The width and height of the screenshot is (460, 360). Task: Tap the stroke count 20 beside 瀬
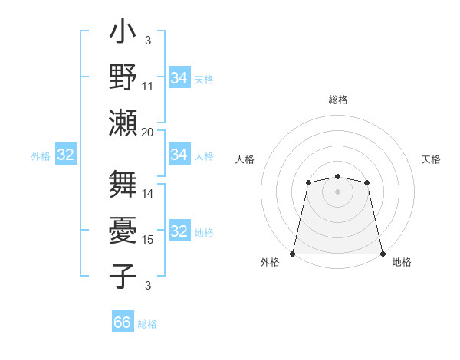pos(148,131)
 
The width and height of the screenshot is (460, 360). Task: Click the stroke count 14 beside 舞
pos(148,194)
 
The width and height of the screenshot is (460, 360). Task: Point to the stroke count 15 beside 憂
pos(148,240)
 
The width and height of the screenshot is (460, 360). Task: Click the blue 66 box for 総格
pos(123,322)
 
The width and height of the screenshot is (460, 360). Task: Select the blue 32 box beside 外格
pos(66,155)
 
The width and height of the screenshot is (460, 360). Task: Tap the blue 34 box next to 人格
pos(179,155)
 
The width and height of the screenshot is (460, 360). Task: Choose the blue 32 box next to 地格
pos(179,231)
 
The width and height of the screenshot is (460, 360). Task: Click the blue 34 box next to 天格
pos(179,78)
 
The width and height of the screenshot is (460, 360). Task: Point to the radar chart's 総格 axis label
pos(338,100)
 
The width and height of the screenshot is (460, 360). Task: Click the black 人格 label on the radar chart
pos(245,159)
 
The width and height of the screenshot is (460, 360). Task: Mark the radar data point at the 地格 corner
pos(382,254)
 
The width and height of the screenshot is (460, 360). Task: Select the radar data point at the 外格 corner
pos(293,254)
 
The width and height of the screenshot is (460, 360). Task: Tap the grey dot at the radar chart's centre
pos(337,191)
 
